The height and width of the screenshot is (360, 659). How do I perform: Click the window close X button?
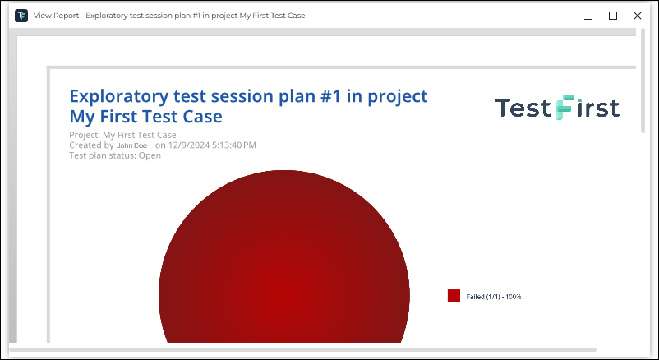pos(637,16)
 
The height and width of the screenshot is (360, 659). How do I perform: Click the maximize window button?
pos(613,16)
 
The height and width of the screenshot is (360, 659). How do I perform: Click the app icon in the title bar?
pos(21,16)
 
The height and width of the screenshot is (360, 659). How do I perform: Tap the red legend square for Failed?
pos(454,295)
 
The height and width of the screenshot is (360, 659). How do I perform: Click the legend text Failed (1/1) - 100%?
pos(494,297)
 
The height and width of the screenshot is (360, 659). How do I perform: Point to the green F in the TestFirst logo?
pos(565,107)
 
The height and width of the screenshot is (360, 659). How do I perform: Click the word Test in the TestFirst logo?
pos(523,108)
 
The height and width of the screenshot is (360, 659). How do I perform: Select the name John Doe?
pos(132,146)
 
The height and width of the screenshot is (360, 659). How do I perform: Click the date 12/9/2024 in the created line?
pos(189,145)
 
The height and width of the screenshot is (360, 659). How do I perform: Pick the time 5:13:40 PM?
pos(234,145)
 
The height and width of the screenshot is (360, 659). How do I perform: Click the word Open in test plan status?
pos(150,156)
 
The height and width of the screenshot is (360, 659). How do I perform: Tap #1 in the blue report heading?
pos(331,96)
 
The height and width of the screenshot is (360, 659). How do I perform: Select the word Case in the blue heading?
pos(203,117)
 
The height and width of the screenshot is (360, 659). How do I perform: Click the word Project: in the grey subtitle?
pos(85,135)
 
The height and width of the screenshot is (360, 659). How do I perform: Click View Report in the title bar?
pos(56,16)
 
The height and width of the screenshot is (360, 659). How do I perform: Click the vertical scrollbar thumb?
pos(643,81)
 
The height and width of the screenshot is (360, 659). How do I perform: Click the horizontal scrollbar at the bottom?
pos(303,350)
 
